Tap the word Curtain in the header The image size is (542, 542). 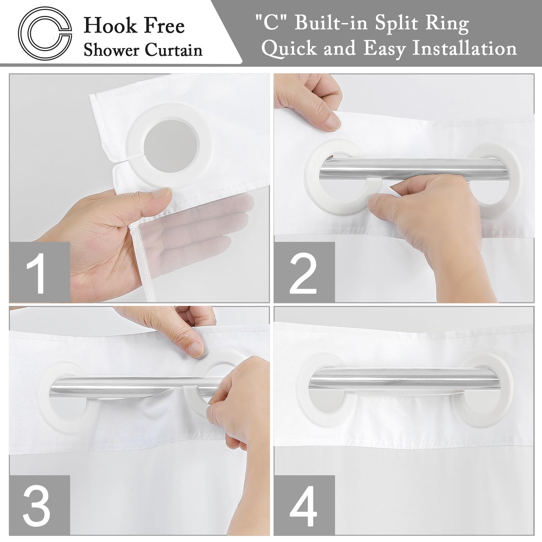click(174, 50)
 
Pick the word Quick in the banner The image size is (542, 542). click(290, 49)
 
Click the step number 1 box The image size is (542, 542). click(39, 272)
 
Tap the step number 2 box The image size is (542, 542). click(304, 272)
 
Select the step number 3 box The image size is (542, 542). click(39, 505)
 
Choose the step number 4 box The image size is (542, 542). click(304, 505)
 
